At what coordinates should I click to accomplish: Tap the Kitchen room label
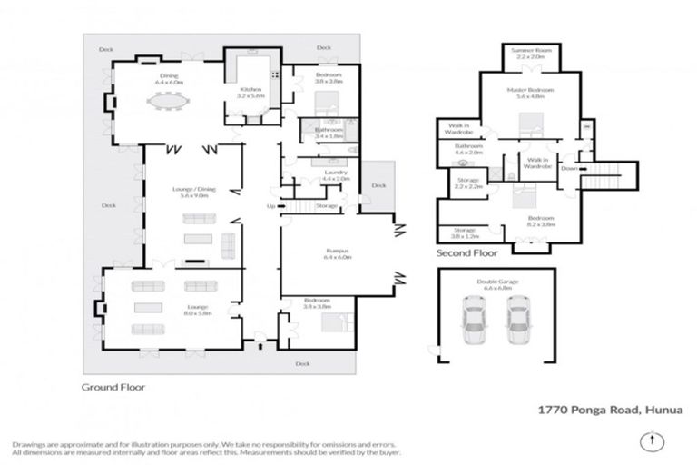click(x=250, y=92)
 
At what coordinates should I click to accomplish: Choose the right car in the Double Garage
click(x=517, y=324)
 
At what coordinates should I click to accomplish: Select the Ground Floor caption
click(x=113, y=386)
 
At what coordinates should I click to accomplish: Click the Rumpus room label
click(x=339, y=254)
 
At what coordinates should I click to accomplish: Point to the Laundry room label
click(x=324, y=174)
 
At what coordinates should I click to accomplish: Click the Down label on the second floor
click(x=568, y=168)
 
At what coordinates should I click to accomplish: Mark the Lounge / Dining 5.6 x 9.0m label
click(x=191, y=192)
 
